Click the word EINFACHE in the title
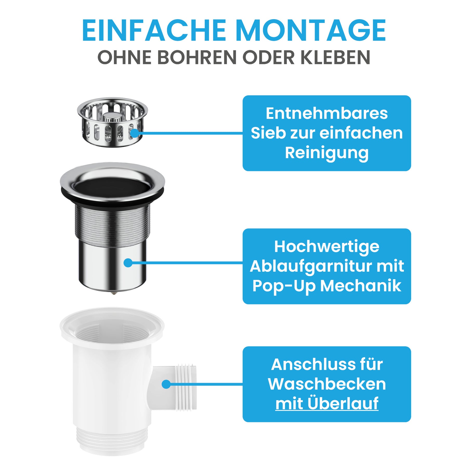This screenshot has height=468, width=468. pyautogui.click(x=154, y=30)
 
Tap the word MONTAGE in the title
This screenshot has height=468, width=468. pyautogui.click(x=311, y=30)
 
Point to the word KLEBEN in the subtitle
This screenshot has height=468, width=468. pyautogui.click(x=335, y=57)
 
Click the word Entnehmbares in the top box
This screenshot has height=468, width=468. pyautogui.click(x=327, y=113)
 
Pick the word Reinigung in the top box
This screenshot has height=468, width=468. pyautogui.click(x=327, y=153)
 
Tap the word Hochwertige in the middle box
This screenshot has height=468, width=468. pyautogui.click(x=327, y=247)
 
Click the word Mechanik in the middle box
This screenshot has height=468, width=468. pyautogui.click(x=361, y=286)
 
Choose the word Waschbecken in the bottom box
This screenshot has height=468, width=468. pyautogui.click(x=327, y=384)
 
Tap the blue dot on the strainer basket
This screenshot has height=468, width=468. pyautogui.click(x=135, y=133)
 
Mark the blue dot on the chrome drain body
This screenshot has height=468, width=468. pyautogui.click(x=128, y=263)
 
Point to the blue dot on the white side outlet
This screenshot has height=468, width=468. pyautogui.click(x=166, y=384)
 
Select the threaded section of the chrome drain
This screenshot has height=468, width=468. pyautogui.click(x=112, y=225)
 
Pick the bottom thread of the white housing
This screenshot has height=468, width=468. pyautogui.click(x=112, y=439)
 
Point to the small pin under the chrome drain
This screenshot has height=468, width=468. pyautogui.click(x=113, y=293)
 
